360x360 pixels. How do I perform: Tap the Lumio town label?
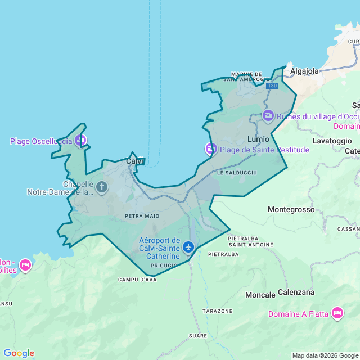pos(258,138)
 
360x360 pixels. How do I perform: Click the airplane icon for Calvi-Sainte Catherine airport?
pos(188,247)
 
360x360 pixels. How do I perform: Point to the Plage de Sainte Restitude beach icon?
pos(210,150)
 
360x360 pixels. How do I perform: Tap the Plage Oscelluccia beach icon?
pos(80,140)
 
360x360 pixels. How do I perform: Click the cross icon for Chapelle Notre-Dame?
pos(102,186)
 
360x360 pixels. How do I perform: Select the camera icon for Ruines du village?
pos(268,116)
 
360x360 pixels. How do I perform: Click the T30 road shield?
pos(272,85)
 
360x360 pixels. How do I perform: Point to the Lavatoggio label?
pos(332,141)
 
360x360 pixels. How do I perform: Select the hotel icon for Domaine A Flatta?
pos(337,313)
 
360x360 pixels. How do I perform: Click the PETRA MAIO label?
pos(142,215)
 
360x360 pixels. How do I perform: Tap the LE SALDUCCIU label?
pos(237,172)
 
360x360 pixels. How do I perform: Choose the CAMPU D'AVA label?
pos(137,280)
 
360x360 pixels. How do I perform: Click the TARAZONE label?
pos(217,311)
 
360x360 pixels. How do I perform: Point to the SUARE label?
pos(198,336)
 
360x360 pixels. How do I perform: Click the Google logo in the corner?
pos(19,353)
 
